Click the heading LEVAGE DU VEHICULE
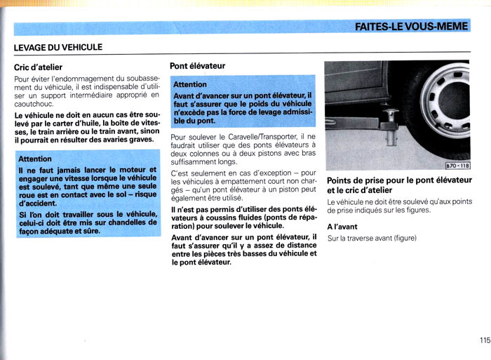[58, 48]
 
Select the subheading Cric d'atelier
[39, 67]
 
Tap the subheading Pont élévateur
[197, 66]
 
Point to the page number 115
[485, 340]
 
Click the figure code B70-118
[457, 166]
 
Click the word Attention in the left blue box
[35, 159]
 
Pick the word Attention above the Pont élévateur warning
[190, 85]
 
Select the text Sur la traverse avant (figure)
[372, 239]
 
